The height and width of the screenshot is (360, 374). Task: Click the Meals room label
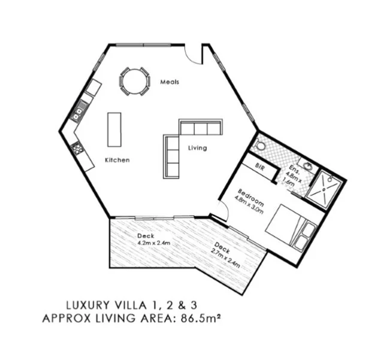(x=170, y=82)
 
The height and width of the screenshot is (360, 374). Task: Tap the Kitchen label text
(x=117, y=160)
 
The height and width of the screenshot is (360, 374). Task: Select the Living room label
(x=197, y=148)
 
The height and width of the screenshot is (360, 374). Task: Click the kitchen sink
(x=79, y=110)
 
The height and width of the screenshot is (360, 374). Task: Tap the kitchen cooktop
(x=77, y=147)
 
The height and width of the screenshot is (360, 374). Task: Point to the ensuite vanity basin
(x=307, y=166)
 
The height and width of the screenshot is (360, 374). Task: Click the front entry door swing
(x=194, y=54)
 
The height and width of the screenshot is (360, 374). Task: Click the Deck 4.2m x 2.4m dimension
(x=154, y=244)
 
